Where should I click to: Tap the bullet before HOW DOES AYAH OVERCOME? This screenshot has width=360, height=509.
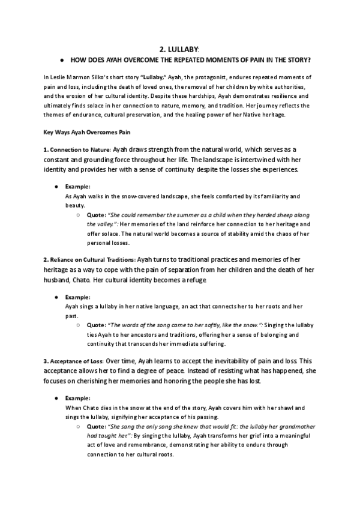click(x=62, y=60)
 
